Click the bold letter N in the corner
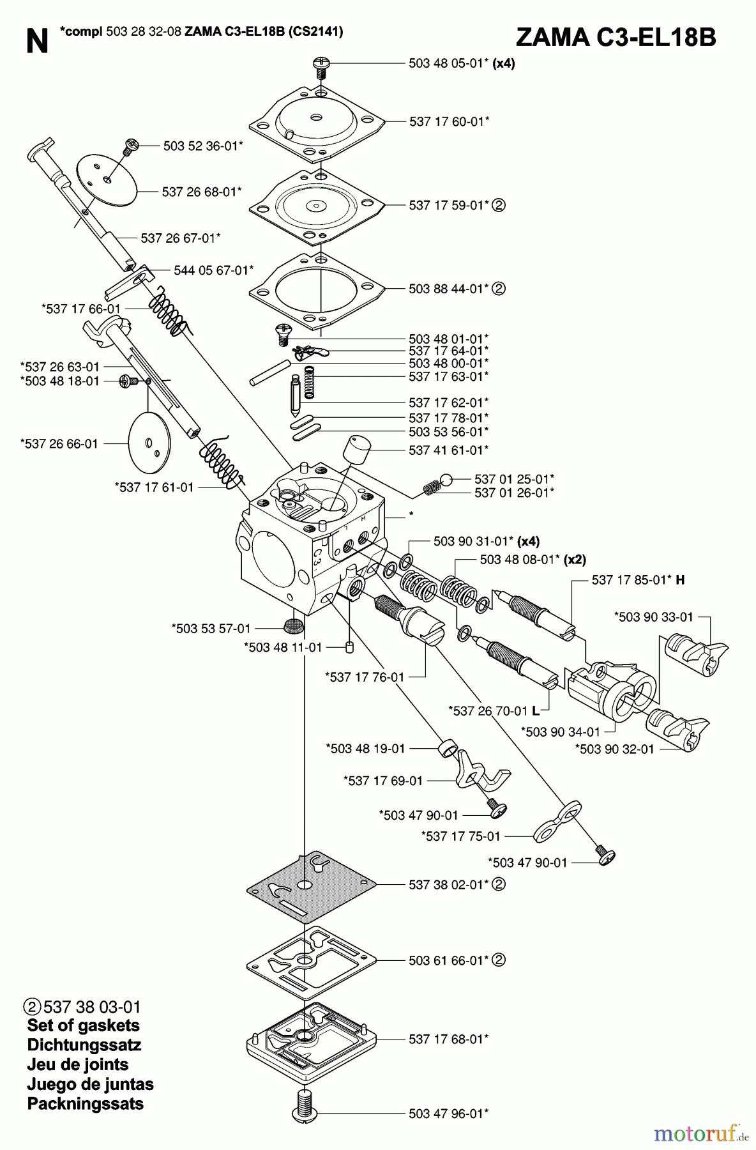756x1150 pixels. tap(38, 42)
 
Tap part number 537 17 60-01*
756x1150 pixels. tap(450, 121)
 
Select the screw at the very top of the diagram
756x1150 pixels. tap(321, 65)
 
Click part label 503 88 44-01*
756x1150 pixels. tap(449, 289)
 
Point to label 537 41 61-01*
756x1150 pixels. tap(449, 450)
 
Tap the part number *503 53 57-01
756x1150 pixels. tap(211, 629)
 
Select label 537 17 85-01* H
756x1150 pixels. tap(638, 580)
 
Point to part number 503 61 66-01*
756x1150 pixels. tap(449, 960)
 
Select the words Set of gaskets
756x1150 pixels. tap(83, 1025)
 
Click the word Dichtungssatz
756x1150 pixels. tap(84, 1045)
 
